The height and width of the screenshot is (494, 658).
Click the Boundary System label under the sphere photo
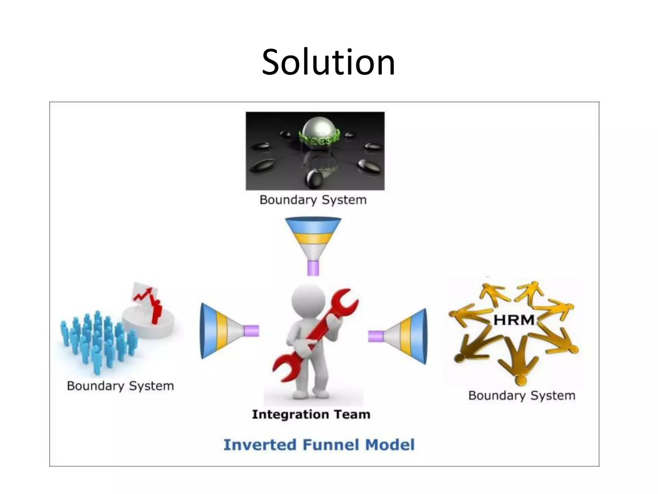pos(313,200)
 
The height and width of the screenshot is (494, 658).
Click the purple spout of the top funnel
pos(313,268)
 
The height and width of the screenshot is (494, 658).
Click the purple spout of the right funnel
pos(375,336)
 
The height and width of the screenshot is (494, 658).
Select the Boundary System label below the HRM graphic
pos(521,395)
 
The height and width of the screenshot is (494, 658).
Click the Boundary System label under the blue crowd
pos(120,386)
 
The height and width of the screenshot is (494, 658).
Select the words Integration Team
pos(311,414)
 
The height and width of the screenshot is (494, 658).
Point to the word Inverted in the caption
pos(260,445)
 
